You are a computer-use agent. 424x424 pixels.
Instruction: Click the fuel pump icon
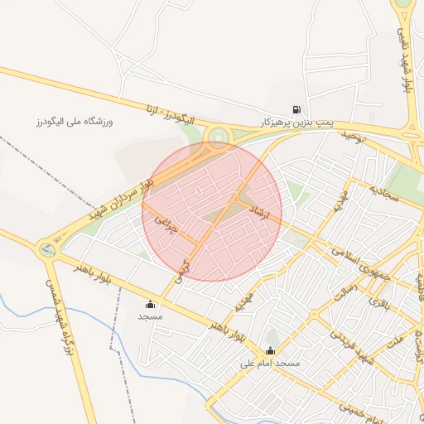click(296, 109)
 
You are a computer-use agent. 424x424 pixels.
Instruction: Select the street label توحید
click(350, 137)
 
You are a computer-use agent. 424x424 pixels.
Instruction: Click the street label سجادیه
click(385, 195)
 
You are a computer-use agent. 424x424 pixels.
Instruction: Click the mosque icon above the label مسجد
click(150, 304)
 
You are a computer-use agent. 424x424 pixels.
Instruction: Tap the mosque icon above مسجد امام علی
click(270, 351)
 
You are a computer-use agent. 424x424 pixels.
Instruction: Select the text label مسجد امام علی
click(270, 364)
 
